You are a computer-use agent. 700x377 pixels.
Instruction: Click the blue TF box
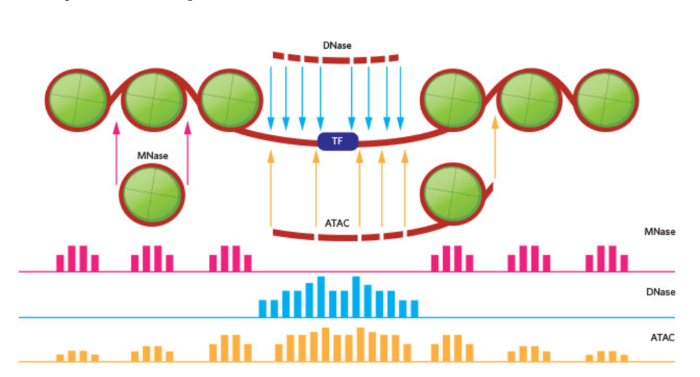(x=337, y=141)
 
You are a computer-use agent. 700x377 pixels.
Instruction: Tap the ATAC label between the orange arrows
(x=337, y=223)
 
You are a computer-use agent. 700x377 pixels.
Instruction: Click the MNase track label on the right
(x=660, y=231)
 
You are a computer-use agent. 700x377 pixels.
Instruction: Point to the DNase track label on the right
(x=661, y=292)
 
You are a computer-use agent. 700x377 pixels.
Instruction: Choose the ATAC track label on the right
(x=662, y=337)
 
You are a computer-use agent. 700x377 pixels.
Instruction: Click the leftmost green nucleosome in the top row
(x=77, y=100)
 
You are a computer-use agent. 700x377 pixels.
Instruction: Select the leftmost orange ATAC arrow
(x=271, y=188)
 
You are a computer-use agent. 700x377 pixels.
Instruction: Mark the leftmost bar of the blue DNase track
(x=263, y=308)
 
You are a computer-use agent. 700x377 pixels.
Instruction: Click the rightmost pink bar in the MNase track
(x=624, y=263)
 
